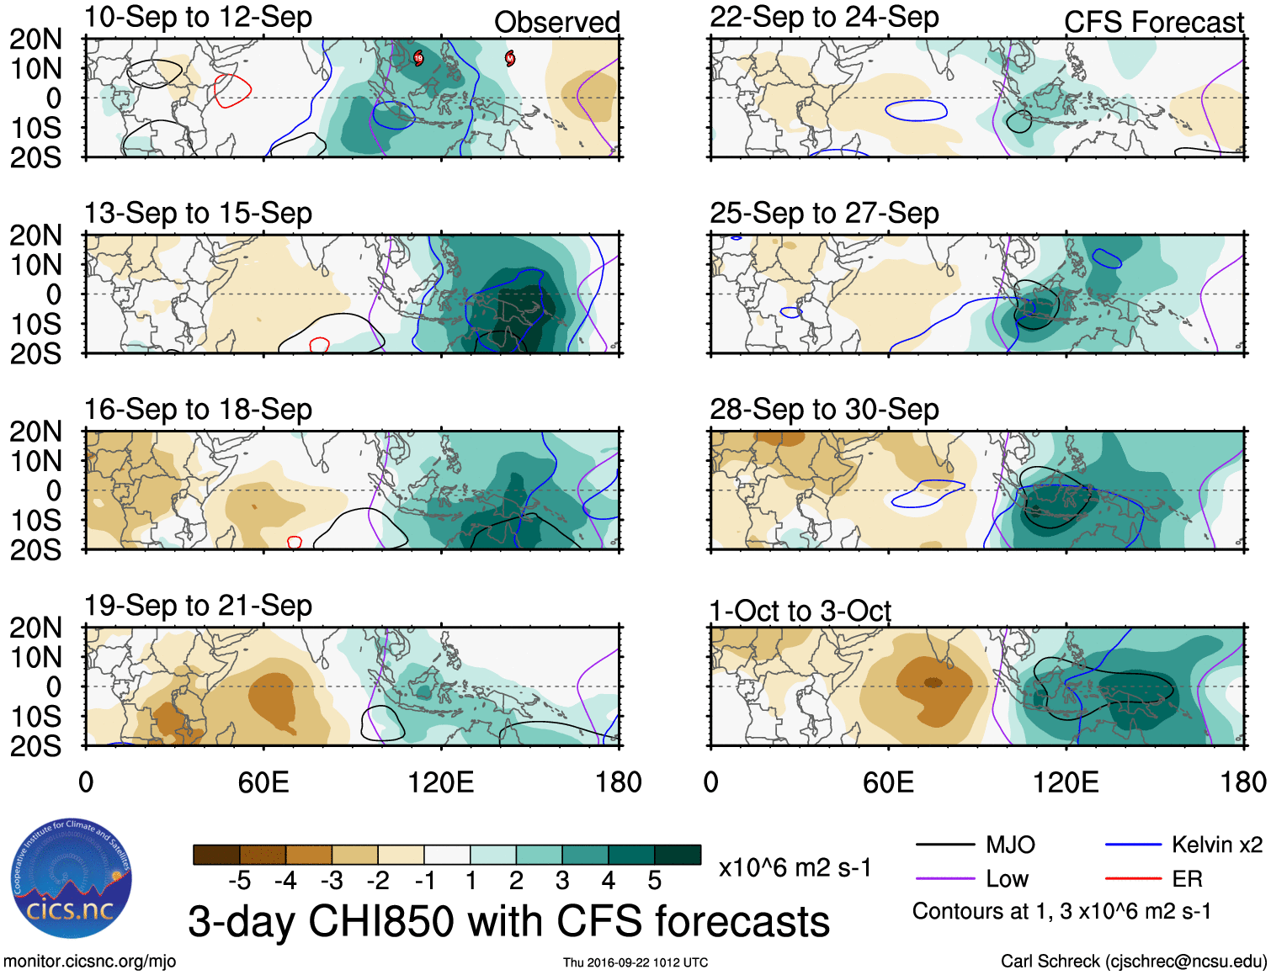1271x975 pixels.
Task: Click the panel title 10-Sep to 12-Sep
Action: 198,18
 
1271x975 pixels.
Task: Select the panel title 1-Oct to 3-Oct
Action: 800,611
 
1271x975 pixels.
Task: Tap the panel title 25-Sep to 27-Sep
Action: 824,214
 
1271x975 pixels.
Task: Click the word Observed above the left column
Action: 556,23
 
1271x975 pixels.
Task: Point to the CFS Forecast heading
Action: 1153,23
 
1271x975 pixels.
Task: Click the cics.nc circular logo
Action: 72,879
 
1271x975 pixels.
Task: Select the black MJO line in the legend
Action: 944,845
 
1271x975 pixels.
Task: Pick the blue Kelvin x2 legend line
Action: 1133,845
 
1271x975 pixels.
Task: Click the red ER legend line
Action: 1133,879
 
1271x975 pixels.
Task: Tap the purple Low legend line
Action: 944,879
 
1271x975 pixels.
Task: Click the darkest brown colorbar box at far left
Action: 216,855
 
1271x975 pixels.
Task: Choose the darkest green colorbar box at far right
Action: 678,855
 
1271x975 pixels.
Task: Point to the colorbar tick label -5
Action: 239,881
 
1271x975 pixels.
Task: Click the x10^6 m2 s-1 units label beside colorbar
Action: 795,867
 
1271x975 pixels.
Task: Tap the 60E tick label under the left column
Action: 263,783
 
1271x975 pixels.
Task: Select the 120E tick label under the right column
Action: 1066,783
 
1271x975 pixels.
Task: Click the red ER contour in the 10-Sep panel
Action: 232,91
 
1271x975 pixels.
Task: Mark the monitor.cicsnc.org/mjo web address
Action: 89,962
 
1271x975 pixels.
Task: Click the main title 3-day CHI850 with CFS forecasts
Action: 508,921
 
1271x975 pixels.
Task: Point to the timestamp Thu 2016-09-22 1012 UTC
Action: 635,962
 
